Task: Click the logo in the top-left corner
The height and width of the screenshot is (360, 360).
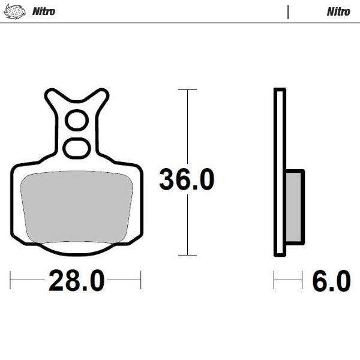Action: (15, 11)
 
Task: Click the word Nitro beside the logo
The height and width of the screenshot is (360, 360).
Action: (43, 11)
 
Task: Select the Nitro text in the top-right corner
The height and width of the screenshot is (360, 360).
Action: (338, 11)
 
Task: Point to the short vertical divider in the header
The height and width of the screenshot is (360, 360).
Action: (288, 11)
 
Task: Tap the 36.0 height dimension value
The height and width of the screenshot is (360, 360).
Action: (187, 179)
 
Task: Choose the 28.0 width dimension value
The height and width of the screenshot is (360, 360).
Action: (76, 280)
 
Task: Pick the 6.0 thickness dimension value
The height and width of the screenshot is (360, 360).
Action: (331, 280)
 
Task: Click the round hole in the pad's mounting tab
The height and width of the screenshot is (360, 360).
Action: (77, 121)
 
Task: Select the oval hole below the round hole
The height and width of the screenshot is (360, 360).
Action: (77, 148)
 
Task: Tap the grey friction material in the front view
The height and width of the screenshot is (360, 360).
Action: (77, 207)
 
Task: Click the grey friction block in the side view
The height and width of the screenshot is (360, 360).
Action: (295, 207)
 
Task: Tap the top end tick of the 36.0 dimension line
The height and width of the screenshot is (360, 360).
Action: (187, 90)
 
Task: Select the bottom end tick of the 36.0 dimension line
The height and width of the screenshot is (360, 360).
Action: (187, 255)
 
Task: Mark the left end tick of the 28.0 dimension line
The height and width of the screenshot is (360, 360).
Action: (11, 280)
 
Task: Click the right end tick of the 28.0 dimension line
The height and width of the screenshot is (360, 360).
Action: (140, 280)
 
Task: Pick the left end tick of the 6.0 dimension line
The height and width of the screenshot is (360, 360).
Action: (274, 280)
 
